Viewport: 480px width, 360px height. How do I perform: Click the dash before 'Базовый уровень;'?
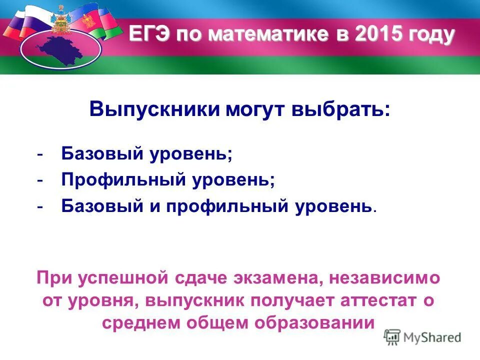coord(39,154)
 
